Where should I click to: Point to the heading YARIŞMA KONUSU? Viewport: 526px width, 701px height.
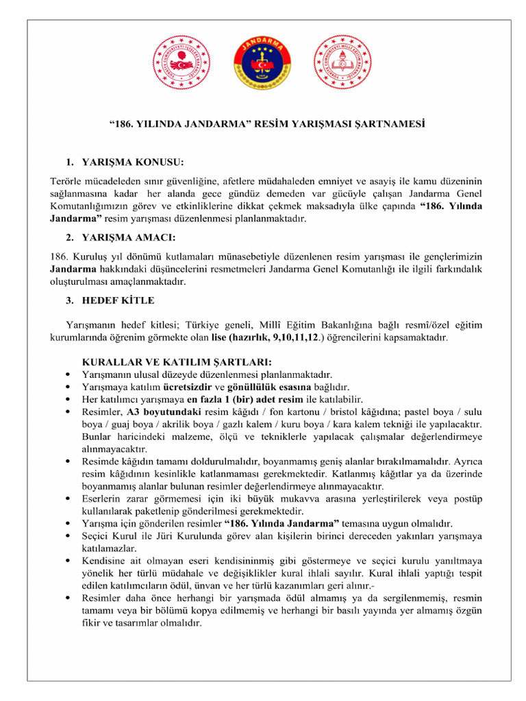tap(133, 163)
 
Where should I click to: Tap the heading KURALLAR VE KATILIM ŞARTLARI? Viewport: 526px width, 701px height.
tap(177, 361)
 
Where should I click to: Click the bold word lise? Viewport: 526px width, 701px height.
tap(218, 337)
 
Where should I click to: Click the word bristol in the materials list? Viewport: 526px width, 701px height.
tap(342, 411)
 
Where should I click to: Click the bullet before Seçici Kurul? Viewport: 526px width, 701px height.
tap(66, 536)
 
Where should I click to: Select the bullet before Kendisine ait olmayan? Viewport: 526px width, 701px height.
tap(66, 561)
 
